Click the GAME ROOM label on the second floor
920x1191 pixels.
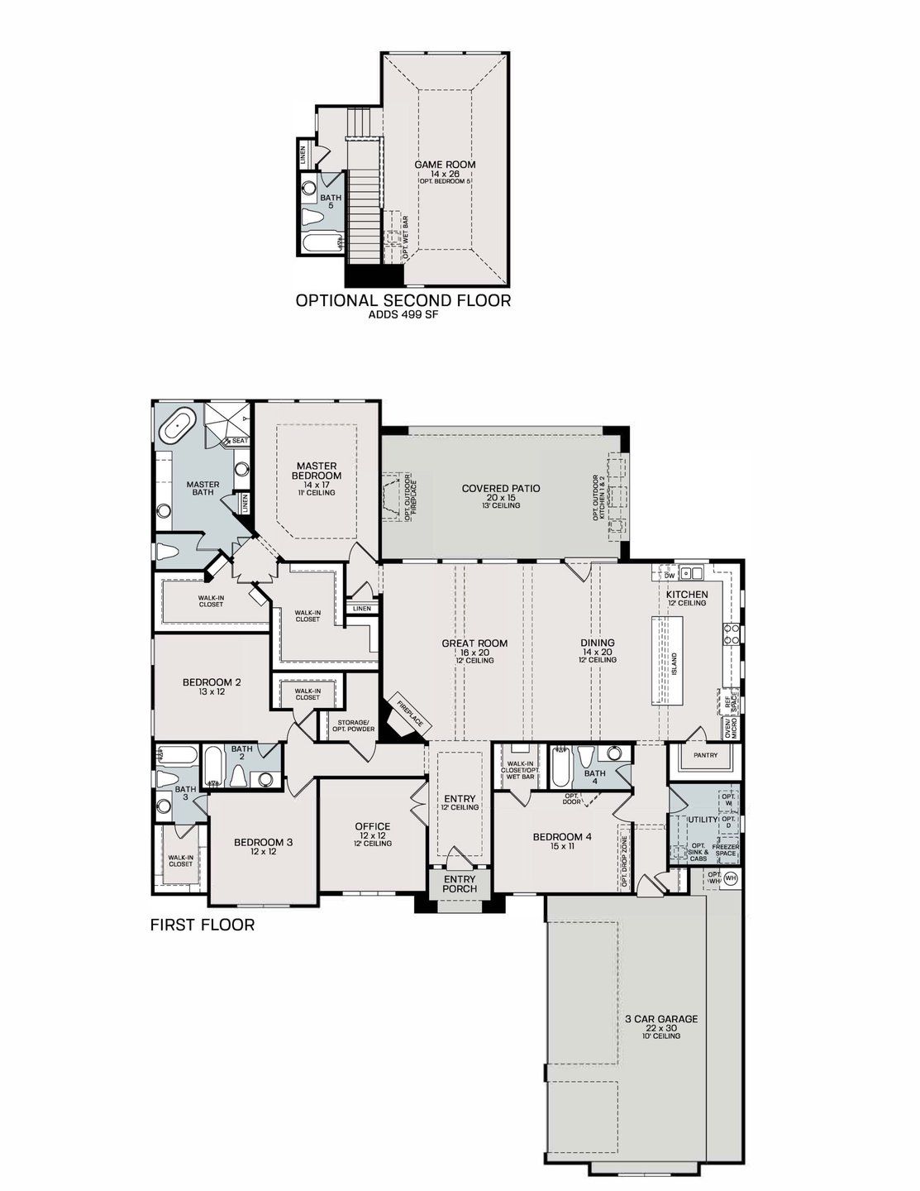(x=445, y=165)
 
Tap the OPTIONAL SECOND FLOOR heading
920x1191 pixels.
(x=403, y=300)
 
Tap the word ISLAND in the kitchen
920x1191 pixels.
(x=675, y=662)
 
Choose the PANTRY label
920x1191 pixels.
(x=705, y=755)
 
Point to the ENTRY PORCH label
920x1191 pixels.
(x=460, y=884)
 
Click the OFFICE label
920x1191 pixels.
(x=372, y=826)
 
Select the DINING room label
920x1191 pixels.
(x=598, y=643)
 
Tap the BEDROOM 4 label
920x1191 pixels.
(x=562, y=835)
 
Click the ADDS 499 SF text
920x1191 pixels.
(x=403, y=315)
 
